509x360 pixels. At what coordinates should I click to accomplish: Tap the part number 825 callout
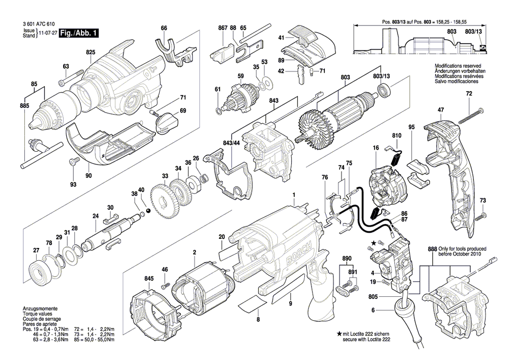pos(91,52)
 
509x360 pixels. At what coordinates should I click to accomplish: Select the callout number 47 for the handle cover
pos(441,109)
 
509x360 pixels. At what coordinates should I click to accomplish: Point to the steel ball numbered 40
pos(147,210)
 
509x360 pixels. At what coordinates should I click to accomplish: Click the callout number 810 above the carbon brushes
pos(397,136)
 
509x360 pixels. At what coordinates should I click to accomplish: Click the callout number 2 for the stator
pos(194,252)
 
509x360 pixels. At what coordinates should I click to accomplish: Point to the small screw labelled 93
pos(73,162)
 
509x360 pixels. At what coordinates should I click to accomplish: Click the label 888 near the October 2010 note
pos(433,248)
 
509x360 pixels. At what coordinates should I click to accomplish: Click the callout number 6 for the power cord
pos(373,310)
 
